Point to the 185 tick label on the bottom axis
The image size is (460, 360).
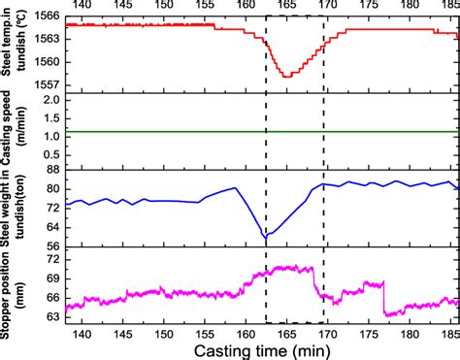pyautogui.click(x=448, y=332)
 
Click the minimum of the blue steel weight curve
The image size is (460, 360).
pyautogui.click(x=266, y=236)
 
